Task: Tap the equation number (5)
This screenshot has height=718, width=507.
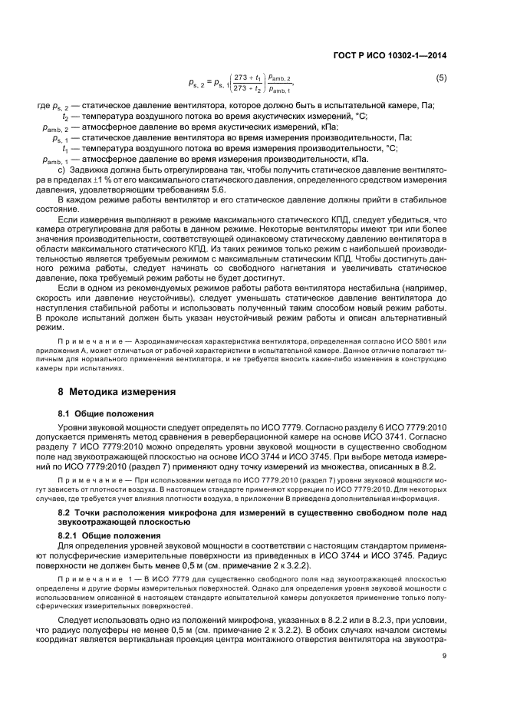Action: click(441, 79)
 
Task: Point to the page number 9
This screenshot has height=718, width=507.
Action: click(444, 677)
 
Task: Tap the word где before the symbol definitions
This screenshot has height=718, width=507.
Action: click(43, 104)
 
